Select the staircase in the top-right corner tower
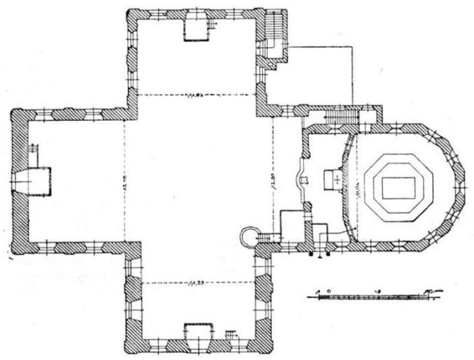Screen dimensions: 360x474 (x=275, y=32)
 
